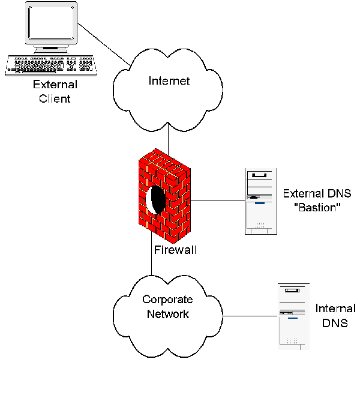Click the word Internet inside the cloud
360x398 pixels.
[x=169, y=81]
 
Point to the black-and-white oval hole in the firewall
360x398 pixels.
[x=156, y=199]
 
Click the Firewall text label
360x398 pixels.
[x=175, y=249]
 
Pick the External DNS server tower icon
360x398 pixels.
[x=260, y=201]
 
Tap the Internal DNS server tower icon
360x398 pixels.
[x=293, y=316]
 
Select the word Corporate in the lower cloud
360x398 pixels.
[x=167, y=300]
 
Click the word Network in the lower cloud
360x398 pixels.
[x=168, y=313]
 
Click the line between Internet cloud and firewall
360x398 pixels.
[x=169, y=142]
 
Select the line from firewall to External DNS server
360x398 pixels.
[x=217, y=200]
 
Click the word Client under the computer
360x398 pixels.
[x=55, y=98]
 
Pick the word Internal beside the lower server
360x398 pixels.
[x=334, y=309]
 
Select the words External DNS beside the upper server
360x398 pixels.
[x=316, y=193]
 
